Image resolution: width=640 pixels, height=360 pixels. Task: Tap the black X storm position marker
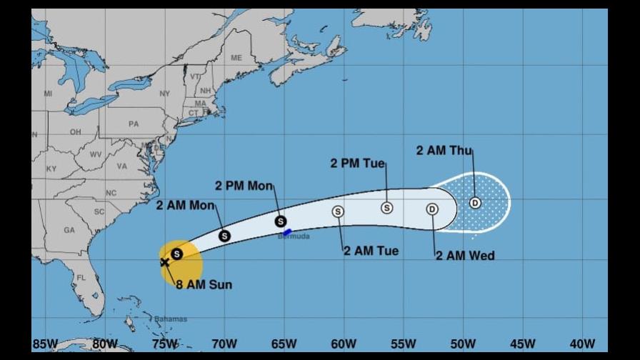pos(165,262)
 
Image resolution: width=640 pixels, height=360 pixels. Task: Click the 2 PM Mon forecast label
pos(244,186)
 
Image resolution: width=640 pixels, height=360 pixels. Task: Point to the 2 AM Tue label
pos(370,251)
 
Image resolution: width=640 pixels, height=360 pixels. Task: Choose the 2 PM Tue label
pos(357,164)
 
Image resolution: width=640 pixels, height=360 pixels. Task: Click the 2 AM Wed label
pos(465,255)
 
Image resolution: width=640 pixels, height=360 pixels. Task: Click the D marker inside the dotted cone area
pos(475,203)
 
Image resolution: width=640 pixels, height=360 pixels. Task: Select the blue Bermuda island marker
pos(287,231)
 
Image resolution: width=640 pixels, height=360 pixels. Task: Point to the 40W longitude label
pos(583,344)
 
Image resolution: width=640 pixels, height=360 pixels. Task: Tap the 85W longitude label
pos(45,344)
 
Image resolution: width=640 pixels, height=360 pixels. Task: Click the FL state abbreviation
pos(81,276)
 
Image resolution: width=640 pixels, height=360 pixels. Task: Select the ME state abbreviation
pos(236,58)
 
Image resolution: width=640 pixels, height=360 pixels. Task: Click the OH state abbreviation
pos(75,133)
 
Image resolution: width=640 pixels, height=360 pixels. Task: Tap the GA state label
pos(69,230)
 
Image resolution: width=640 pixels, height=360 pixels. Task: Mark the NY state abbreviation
pos(165,94)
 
